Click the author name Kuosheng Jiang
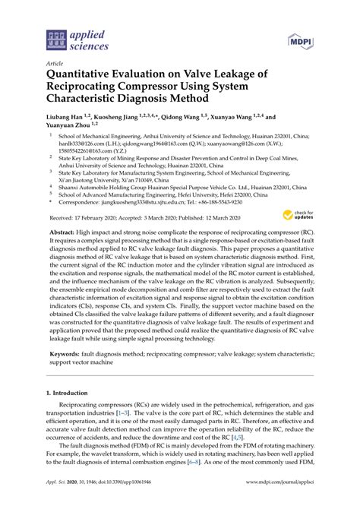[x=122, y=119]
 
